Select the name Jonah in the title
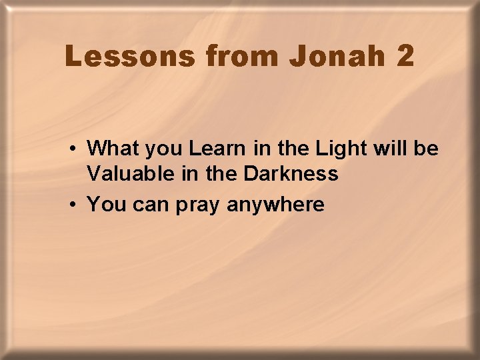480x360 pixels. [337, 57]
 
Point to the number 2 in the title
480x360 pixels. [405, 57]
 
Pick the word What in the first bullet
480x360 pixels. [110, 147]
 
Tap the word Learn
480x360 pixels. [214, 147]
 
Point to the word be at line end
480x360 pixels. [425, 147]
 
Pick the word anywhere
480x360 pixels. [275, 204]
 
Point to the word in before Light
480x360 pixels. [257, 147]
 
